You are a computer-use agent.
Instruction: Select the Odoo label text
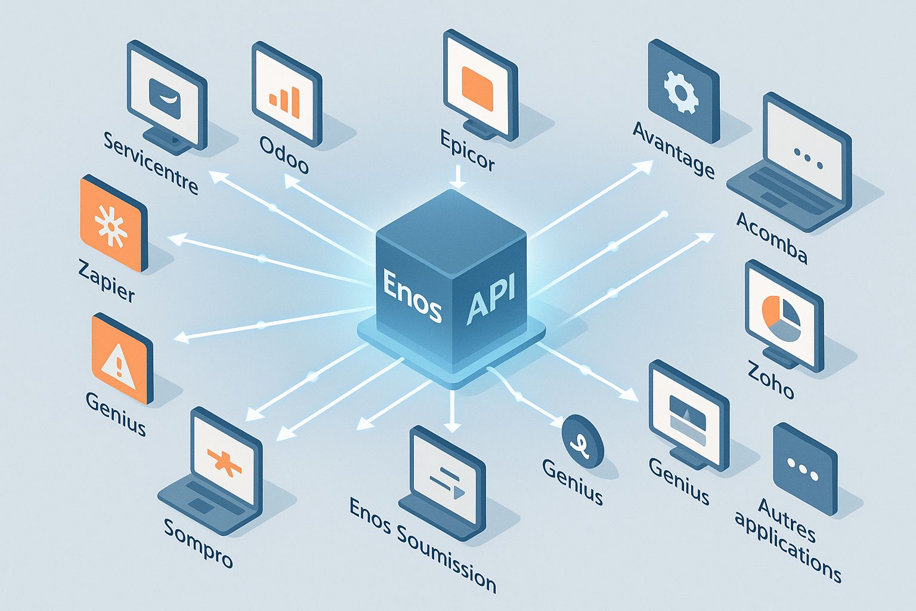coord(284,155)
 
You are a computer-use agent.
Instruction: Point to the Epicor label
coord(468,151)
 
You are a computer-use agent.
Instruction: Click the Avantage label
coord(673,149)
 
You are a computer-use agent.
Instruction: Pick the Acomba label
coord(772,237)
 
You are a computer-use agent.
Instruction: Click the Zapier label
coord(107,280)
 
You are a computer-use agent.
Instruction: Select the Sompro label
coord(198,542)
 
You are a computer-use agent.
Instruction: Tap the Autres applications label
coord(788,538)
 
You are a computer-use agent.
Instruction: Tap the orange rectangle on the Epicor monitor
coord(478,87)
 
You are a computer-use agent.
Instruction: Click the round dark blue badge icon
coord(583,441)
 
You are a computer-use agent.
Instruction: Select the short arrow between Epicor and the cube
coord(457,177)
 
